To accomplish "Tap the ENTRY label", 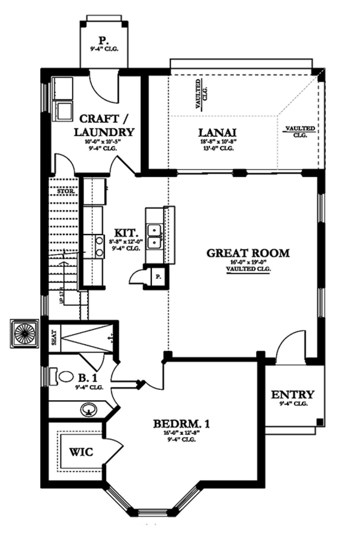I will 293,395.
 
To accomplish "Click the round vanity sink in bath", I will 89,411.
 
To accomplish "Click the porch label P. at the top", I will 104,41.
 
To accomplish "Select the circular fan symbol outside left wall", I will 25,332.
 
